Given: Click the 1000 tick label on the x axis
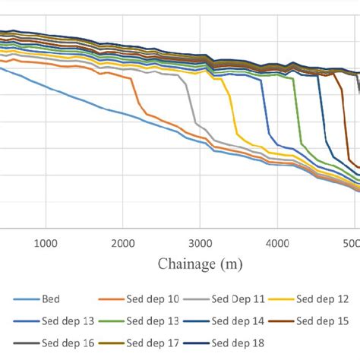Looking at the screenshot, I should [46, 243].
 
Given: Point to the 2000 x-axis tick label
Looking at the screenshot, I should [123, 243].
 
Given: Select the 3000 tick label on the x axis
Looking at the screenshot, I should [200, 243].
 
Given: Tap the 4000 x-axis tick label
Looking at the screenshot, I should [277, 243].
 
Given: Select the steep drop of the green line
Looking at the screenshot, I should [296, 114].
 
